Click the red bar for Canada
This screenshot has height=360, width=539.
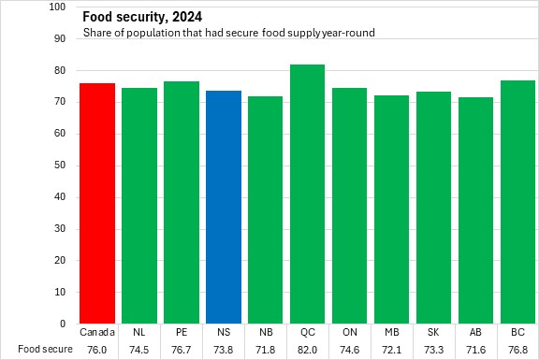[97, 203]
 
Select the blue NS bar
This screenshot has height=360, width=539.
[224, 208]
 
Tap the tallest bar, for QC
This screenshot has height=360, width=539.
[307, 194]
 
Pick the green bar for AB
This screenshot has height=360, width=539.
[475, 210]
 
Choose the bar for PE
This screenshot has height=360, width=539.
[182, 202]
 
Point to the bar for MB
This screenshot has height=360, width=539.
[391, 209]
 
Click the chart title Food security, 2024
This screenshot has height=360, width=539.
[142, 17]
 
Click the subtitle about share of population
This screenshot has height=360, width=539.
[228, 33]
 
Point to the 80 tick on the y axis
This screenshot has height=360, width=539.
[60, 70]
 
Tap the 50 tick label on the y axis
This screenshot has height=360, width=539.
[60, 166]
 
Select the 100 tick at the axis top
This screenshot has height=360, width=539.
[57, 7]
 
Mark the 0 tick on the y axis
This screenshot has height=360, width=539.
[63, 324]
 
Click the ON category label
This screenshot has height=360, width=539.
[350, 332]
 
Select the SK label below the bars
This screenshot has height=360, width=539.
[433, 332]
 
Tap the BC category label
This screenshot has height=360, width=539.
[517, 332]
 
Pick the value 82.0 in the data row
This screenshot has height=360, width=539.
[307, 350]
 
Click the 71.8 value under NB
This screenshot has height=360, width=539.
[266, 350]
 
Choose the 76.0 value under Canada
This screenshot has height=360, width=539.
[97, 350]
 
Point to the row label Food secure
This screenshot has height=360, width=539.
[45, 349]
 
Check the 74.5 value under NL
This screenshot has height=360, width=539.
[139, 350]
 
